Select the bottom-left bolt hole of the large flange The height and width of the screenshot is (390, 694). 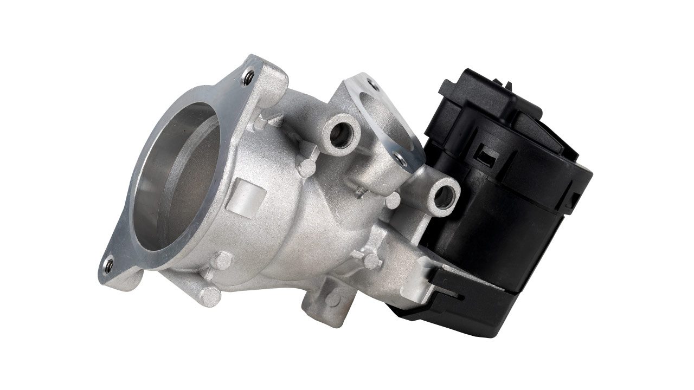click(108, 265)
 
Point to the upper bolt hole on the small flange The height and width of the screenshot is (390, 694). click(372, 84)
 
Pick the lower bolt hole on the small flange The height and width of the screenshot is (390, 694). click(400, 158)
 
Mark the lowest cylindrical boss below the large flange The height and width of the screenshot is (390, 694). click(209, 295)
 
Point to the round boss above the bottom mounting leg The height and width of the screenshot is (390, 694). click(371, 261)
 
